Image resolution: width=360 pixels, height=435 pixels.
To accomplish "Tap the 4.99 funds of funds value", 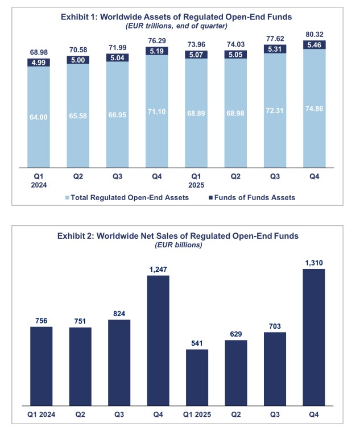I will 39,63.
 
